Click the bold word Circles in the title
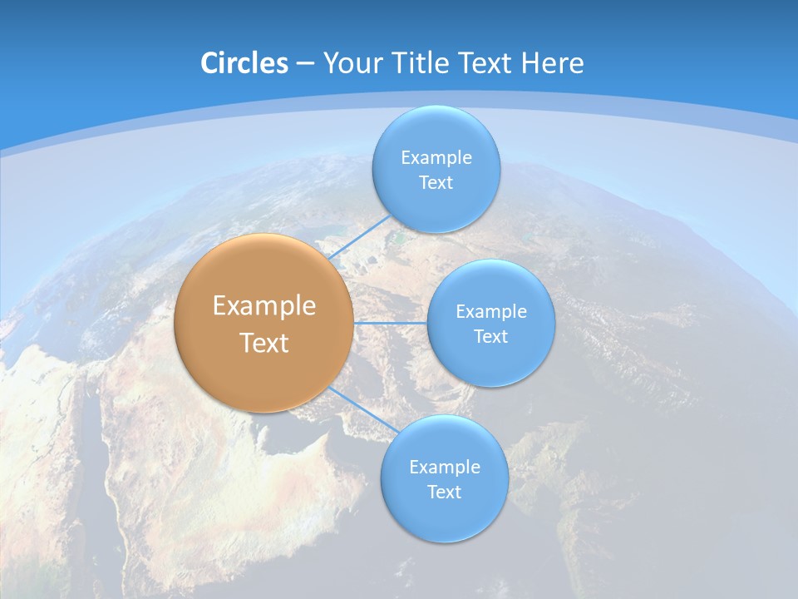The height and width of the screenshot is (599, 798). [x=244, y=63]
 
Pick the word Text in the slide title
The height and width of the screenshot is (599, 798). [x=485, y=63]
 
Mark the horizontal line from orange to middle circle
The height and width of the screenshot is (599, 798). [x=391, y=323]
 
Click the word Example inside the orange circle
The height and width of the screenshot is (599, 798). [x=264, y=305]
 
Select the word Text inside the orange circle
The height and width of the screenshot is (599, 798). [x=264, y=343]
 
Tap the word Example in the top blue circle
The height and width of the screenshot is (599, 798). [x=436, y=157]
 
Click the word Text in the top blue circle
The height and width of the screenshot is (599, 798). [x=436, y=182]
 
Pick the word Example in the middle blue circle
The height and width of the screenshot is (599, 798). [x=491, y=311]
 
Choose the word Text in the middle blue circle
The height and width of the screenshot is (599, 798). [x=491, y=336]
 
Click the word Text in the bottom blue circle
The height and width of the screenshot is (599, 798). [x=445, y=492]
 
